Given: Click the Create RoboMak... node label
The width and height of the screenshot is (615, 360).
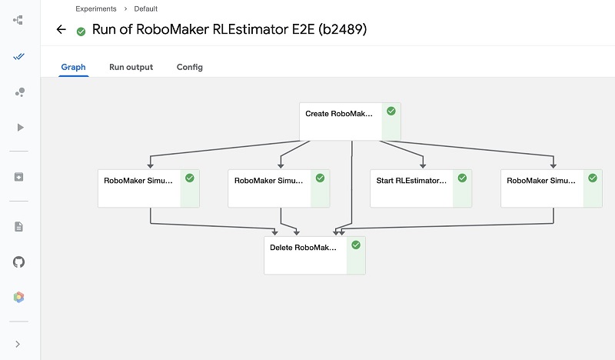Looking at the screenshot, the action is click(339, 114).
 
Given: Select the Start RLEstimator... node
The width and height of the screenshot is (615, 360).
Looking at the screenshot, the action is click(421, 188).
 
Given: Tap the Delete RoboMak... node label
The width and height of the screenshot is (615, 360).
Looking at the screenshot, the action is click(303, 248).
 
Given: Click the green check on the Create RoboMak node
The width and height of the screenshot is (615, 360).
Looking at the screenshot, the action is click(391, 111).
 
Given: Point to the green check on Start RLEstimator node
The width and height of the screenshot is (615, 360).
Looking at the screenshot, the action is click(463, 178).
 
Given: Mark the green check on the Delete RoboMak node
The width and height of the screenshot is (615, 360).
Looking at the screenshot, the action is click(356, 245).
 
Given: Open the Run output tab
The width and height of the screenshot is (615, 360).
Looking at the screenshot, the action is click(131, 67).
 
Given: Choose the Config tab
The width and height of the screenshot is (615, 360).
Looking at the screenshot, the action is click(189, 67).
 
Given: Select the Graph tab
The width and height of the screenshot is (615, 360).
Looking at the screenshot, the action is click(73, 67).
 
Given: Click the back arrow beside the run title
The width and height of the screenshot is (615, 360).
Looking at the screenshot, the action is click(61, 29).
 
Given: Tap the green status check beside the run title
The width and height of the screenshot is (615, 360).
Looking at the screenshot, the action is click(81, 32).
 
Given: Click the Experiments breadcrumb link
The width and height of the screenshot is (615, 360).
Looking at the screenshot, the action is click(96, 8).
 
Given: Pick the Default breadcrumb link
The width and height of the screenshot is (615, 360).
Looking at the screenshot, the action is click(146, 8).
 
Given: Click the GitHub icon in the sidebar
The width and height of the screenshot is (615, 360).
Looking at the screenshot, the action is click(18, 262).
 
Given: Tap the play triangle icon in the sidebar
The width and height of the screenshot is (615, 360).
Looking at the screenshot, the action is click(21, 128).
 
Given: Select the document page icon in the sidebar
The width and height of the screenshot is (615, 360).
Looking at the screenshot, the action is click(18, 226).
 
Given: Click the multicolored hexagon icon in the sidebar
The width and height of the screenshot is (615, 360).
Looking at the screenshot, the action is click(18, 297).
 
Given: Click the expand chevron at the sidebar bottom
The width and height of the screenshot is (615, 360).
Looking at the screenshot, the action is click(18, 345).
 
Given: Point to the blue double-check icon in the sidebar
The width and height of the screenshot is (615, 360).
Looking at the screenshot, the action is click(18, 57).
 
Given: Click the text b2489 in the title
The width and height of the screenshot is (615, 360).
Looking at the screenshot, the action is click(342, 29).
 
